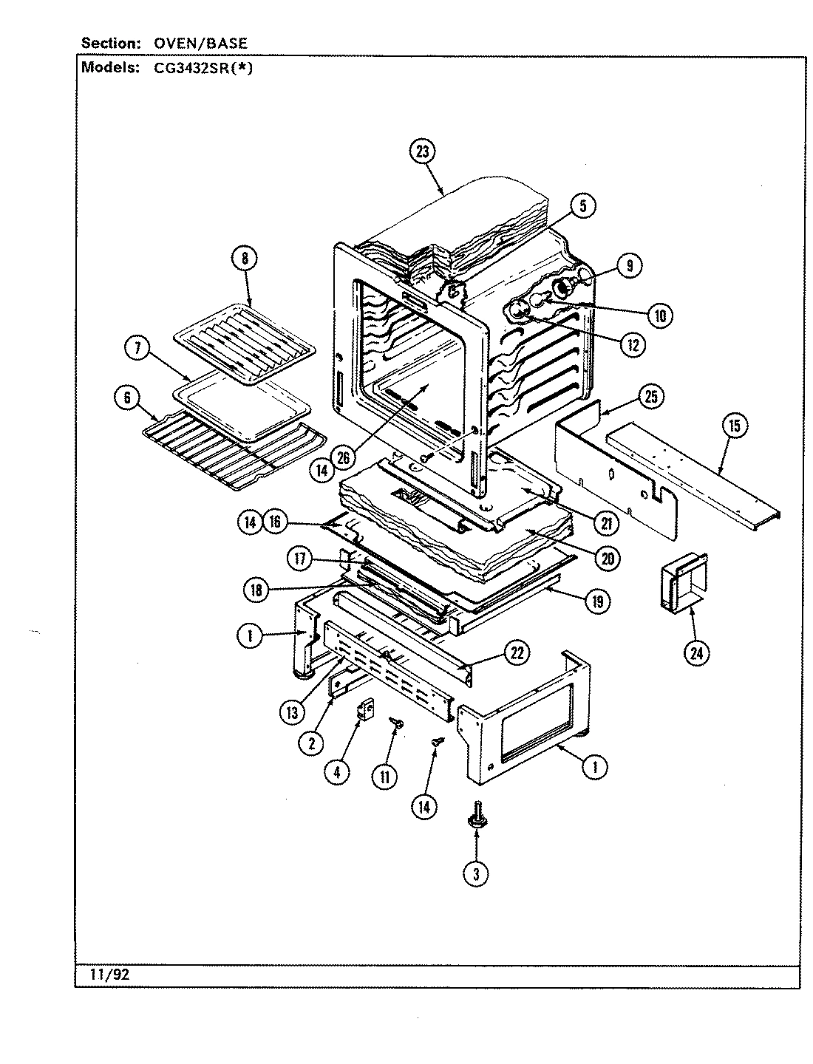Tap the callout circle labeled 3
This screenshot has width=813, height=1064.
477,874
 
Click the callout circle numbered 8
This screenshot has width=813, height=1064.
245,258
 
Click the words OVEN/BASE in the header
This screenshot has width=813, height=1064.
200,43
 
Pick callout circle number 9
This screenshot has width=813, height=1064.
628,266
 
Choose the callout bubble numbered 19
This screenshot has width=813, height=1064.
596,601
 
